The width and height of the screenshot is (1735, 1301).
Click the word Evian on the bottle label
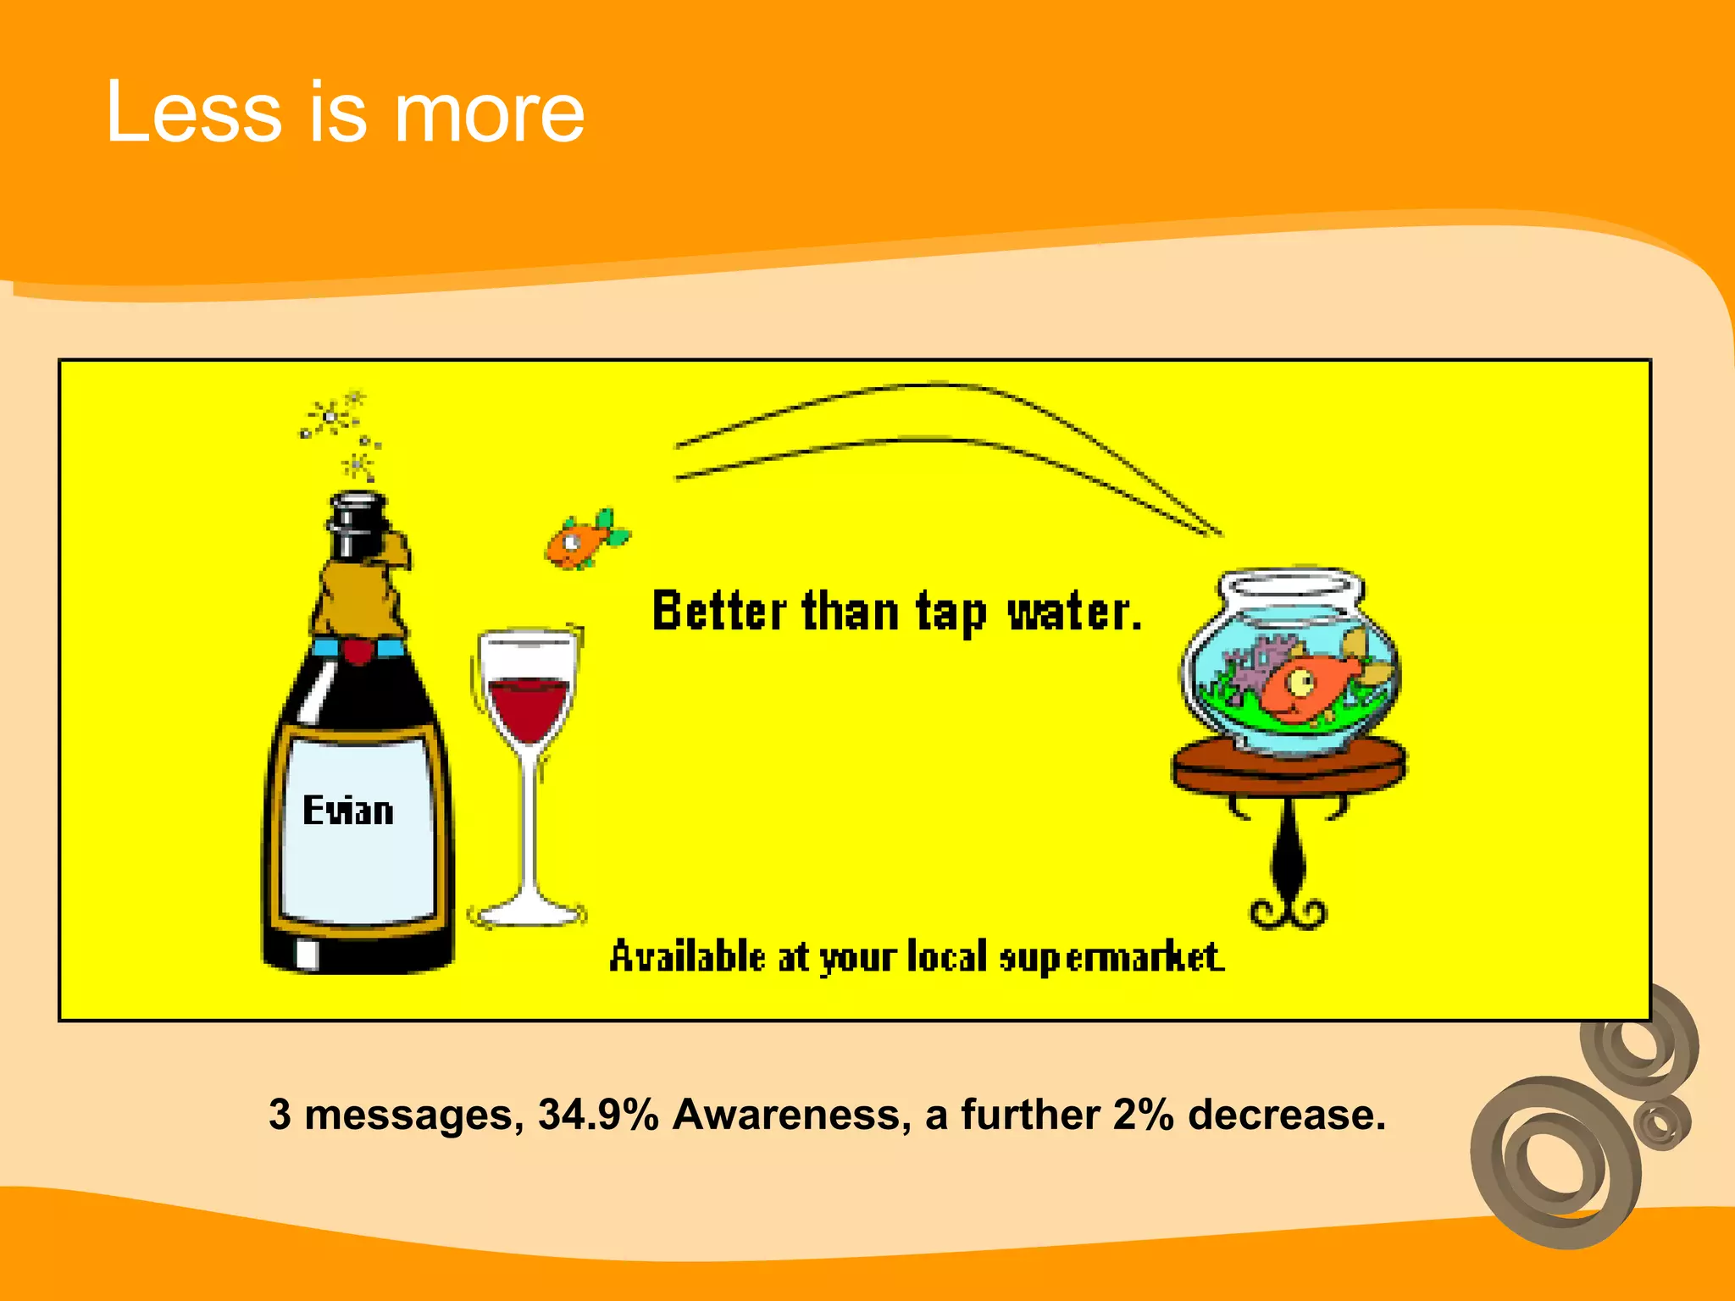click(x=348, y=811)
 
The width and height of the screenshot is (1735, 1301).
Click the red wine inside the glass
click(x=529, y=706)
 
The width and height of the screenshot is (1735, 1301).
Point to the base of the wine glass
click(x=527, y=913)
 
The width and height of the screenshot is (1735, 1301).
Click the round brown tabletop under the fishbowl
click(x=1289, y=762)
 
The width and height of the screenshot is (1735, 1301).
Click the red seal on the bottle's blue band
click(x=358, y=650)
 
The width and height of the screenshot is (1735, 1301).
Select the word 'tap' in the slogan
click(x=951, y=612)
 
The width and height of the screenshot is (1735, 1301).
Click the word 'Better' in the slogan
click(x=719, y=611)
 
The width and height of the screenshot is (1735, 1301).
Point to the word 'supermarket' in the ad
click(x=1111, y=957)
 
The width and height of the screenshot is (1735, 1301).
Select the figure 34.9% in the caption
click(x=598, y=1115)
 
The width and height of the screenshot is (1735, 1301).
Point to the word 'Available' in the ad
click(x=687, y=957)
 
